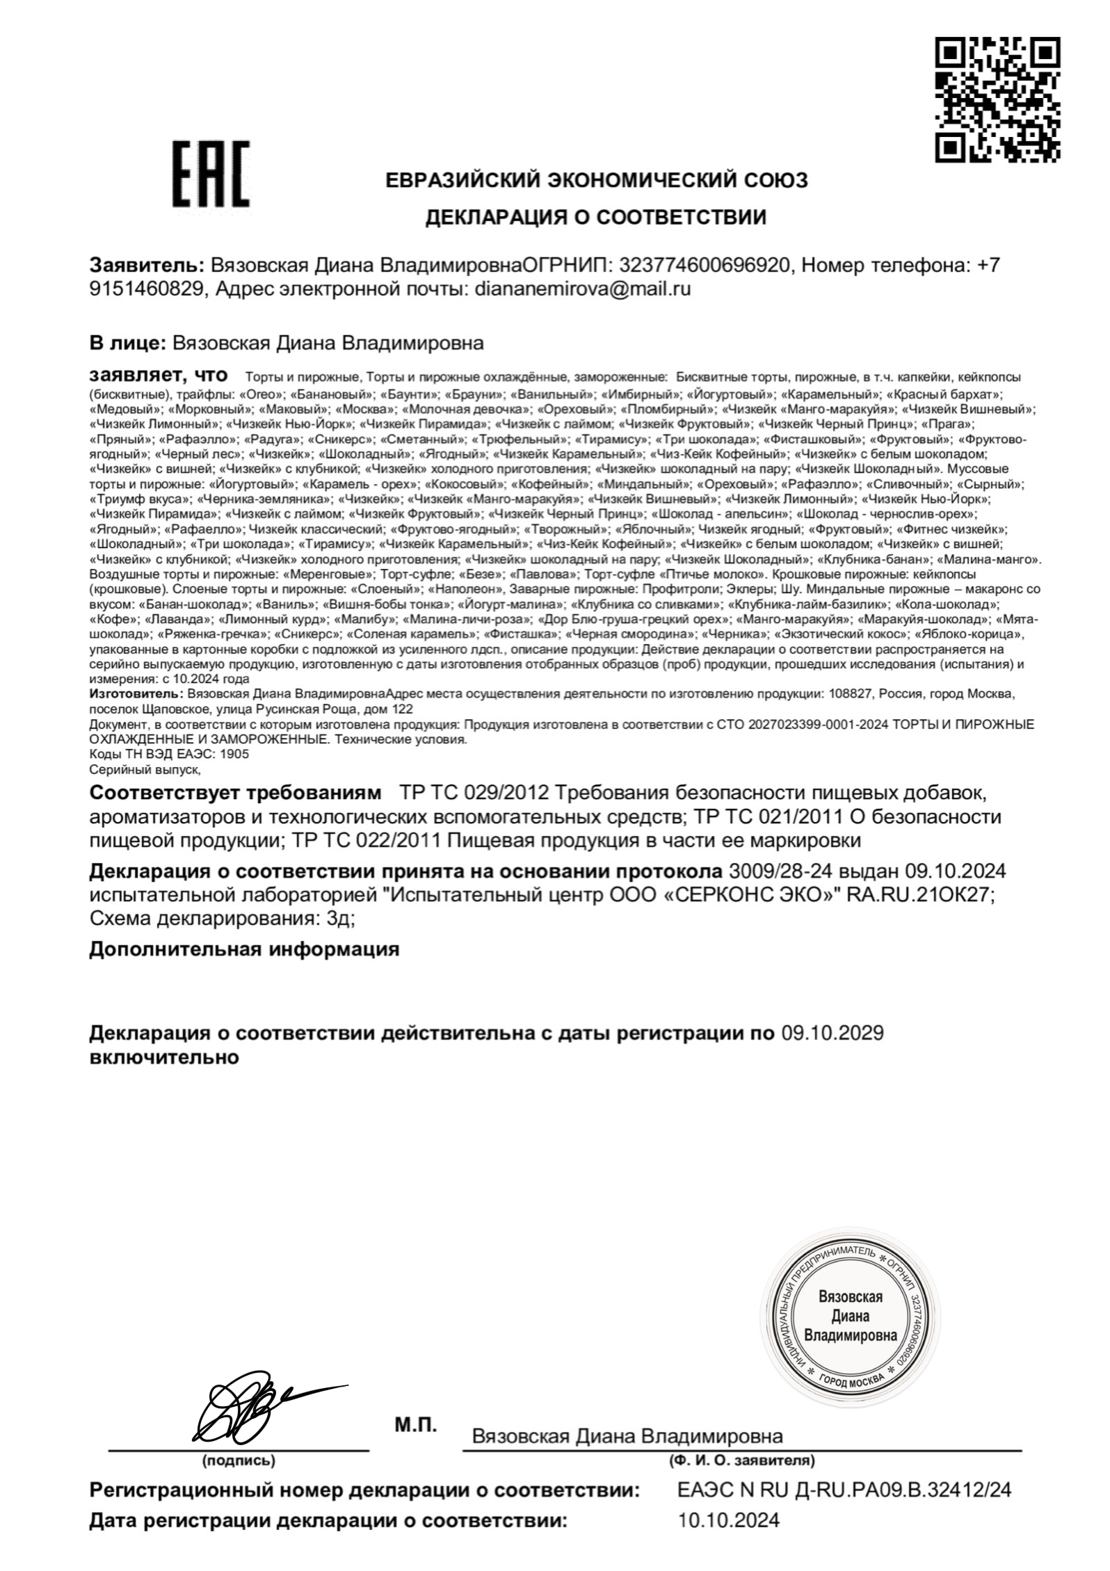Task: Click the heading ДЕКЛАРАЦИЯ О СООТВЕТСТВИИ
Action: point(595,218)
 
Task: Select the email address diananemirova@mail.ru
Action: point(582,289)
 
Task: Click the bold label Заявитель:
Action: point(147,265)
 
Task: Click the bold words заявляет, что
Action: point(159,376)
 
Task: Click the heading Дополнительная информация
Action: point(244,949)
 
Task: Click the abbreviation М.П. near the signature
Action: point(416,1425)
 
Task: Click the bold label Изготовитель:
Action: point(135,694)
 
